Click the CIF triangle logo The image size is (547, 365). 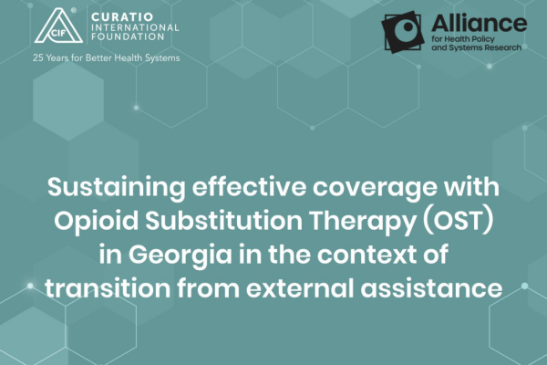59,26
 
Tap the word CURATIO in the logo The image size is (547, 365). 122,17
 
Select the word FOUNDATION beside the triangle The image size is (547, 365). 128,36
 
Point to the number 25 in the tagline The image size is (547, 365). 38,57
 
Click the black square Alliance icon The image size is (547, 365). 402,32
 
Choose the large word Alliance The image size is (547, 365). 479,23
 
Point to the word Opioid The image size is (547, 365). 97,222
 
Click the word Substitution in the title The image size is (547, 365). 224,221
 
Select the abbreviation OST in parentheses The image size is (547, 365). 458,221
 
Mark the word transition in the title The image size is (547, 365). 108,288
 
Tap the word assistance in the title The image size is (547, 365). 431,289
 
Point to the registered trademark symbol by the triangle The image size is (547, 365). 74,10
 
